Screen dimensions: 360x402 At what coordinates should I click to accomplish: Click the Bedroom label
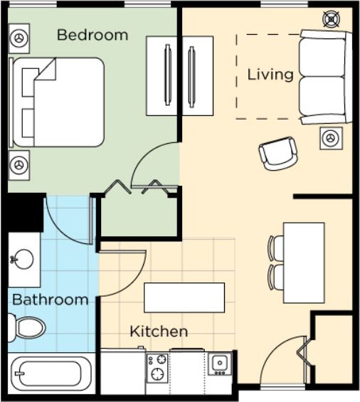92,35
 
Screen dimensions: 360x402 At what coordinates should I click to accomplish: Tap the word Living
270,75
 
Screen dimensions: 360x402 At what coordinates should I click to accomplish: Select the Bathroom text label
51,300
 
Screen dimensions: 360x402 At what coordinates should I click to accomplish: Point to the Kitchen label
159,332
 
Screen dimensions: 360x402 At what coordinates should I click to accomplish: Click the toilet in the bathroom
26,328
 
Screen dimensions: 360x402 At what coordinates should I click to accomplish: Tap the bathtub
51,374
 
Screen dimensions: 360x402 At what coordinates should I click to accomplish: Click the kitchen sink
220,364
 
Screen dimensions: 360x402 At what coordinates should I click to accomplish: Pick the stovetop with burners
157,368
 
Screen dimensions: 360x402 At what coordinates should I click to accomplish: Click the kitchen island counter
184,297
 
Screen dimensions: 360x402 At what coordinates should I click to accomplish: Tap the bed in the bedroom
57,102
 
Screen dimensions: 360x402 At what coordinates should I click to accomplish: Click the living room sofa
326,77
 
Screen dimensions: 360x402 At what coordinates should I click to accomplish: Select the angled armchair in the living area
278,154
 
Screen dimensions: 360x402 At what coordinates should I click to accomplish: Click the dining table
304,263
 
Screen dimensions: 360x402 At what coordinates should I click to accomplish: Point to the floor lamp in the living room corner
332,19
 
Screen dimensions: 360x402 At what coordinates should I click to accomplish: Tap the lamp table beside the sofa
331,139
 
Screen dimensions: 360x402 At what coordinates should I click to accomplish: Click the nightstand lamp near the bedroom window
19,38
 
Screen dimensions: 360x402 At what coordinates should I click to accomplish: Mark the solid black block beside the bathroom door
24,212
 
